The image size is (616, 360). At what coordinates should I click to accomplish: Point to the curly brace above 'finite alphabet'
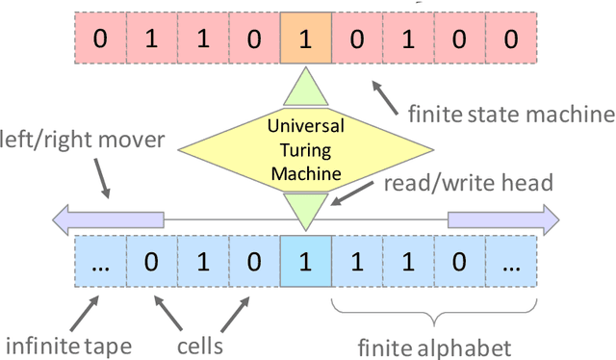coord(434,310)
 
